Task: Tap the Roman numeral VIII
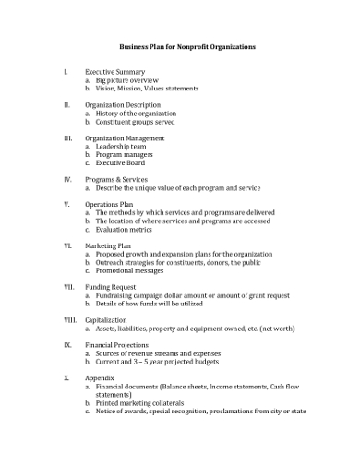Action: pos(68,318)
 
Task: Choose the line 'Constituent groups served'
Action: pos(137,121)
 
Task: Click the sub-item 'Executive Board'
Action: pos(123,162)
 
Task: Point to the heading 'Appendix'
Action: pos(100,376)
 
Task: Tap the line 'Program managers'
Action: pos(125,154)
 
